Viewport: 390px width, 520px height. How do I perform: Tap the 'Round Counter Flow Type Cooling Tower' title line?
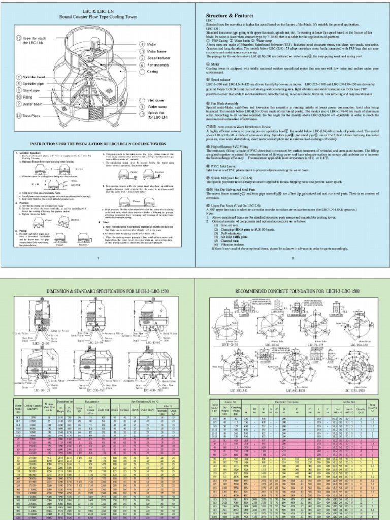click(96, 16)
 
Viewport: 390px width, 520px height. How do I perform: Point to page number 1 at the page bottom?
click(97, 258)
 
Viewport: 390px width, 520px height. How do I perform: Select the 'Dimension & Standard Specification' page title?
click(96, 291)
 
